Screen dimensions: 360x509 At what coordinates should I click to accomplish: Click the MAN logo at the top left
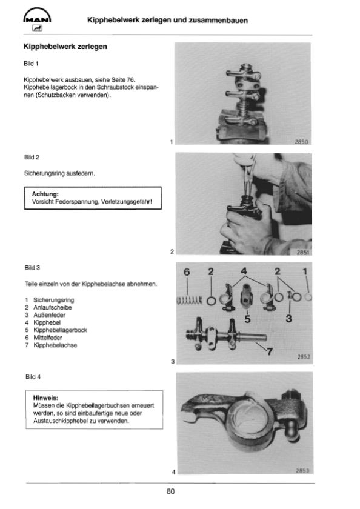(37, 19)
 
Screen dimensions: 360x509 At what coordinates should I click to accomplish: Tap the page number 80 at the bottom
(170, 491)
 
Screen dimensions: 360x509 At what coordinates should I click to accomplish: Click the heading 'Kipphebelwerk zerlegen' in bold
(65, 47)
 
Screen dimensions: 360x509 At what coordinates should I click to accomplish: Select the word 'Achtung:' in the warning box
(45, 194)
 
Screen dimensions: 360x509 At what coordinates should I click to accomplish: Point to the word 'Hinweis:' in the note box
(45, 398)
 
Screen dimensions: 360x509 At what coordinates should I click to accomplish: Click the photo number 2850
(301, 142)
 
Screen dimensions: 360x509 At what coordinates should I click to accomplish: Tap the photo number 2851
(302, 252)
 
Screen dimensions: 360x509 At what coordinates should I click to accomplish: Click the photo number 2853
(302, 470)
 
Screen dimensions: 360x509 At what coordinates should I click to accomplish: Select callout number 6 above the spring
(187, 271)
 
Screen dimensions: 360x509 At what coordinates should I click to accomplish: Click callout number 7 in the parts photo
(270, 351)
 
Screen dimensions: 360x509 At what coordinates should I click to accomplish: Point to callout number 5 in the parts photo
(247, 319)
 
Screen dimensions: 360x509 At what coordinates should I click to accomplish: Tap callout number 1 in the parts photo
(305, 271)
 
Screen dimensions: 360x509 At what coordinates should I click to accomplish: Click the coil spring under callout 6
(189, 301)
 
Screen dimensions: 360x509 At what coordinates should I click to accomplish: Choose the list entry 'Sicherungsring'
(53, 300)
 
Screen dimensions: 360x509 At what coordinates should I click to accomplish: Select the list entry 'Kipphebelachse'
(55, 345)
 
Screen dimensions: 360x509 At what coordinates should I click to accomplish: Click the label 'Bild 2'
(32, 157)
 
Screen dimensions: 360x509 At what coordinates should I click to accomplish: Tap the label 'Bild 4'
(33, 376)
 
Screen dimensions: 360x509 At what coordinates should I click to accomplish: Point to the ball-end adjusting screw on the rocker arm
(293, 432)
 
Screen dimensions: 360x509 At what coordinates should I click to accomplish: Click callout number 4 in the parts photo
(244, 271)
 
